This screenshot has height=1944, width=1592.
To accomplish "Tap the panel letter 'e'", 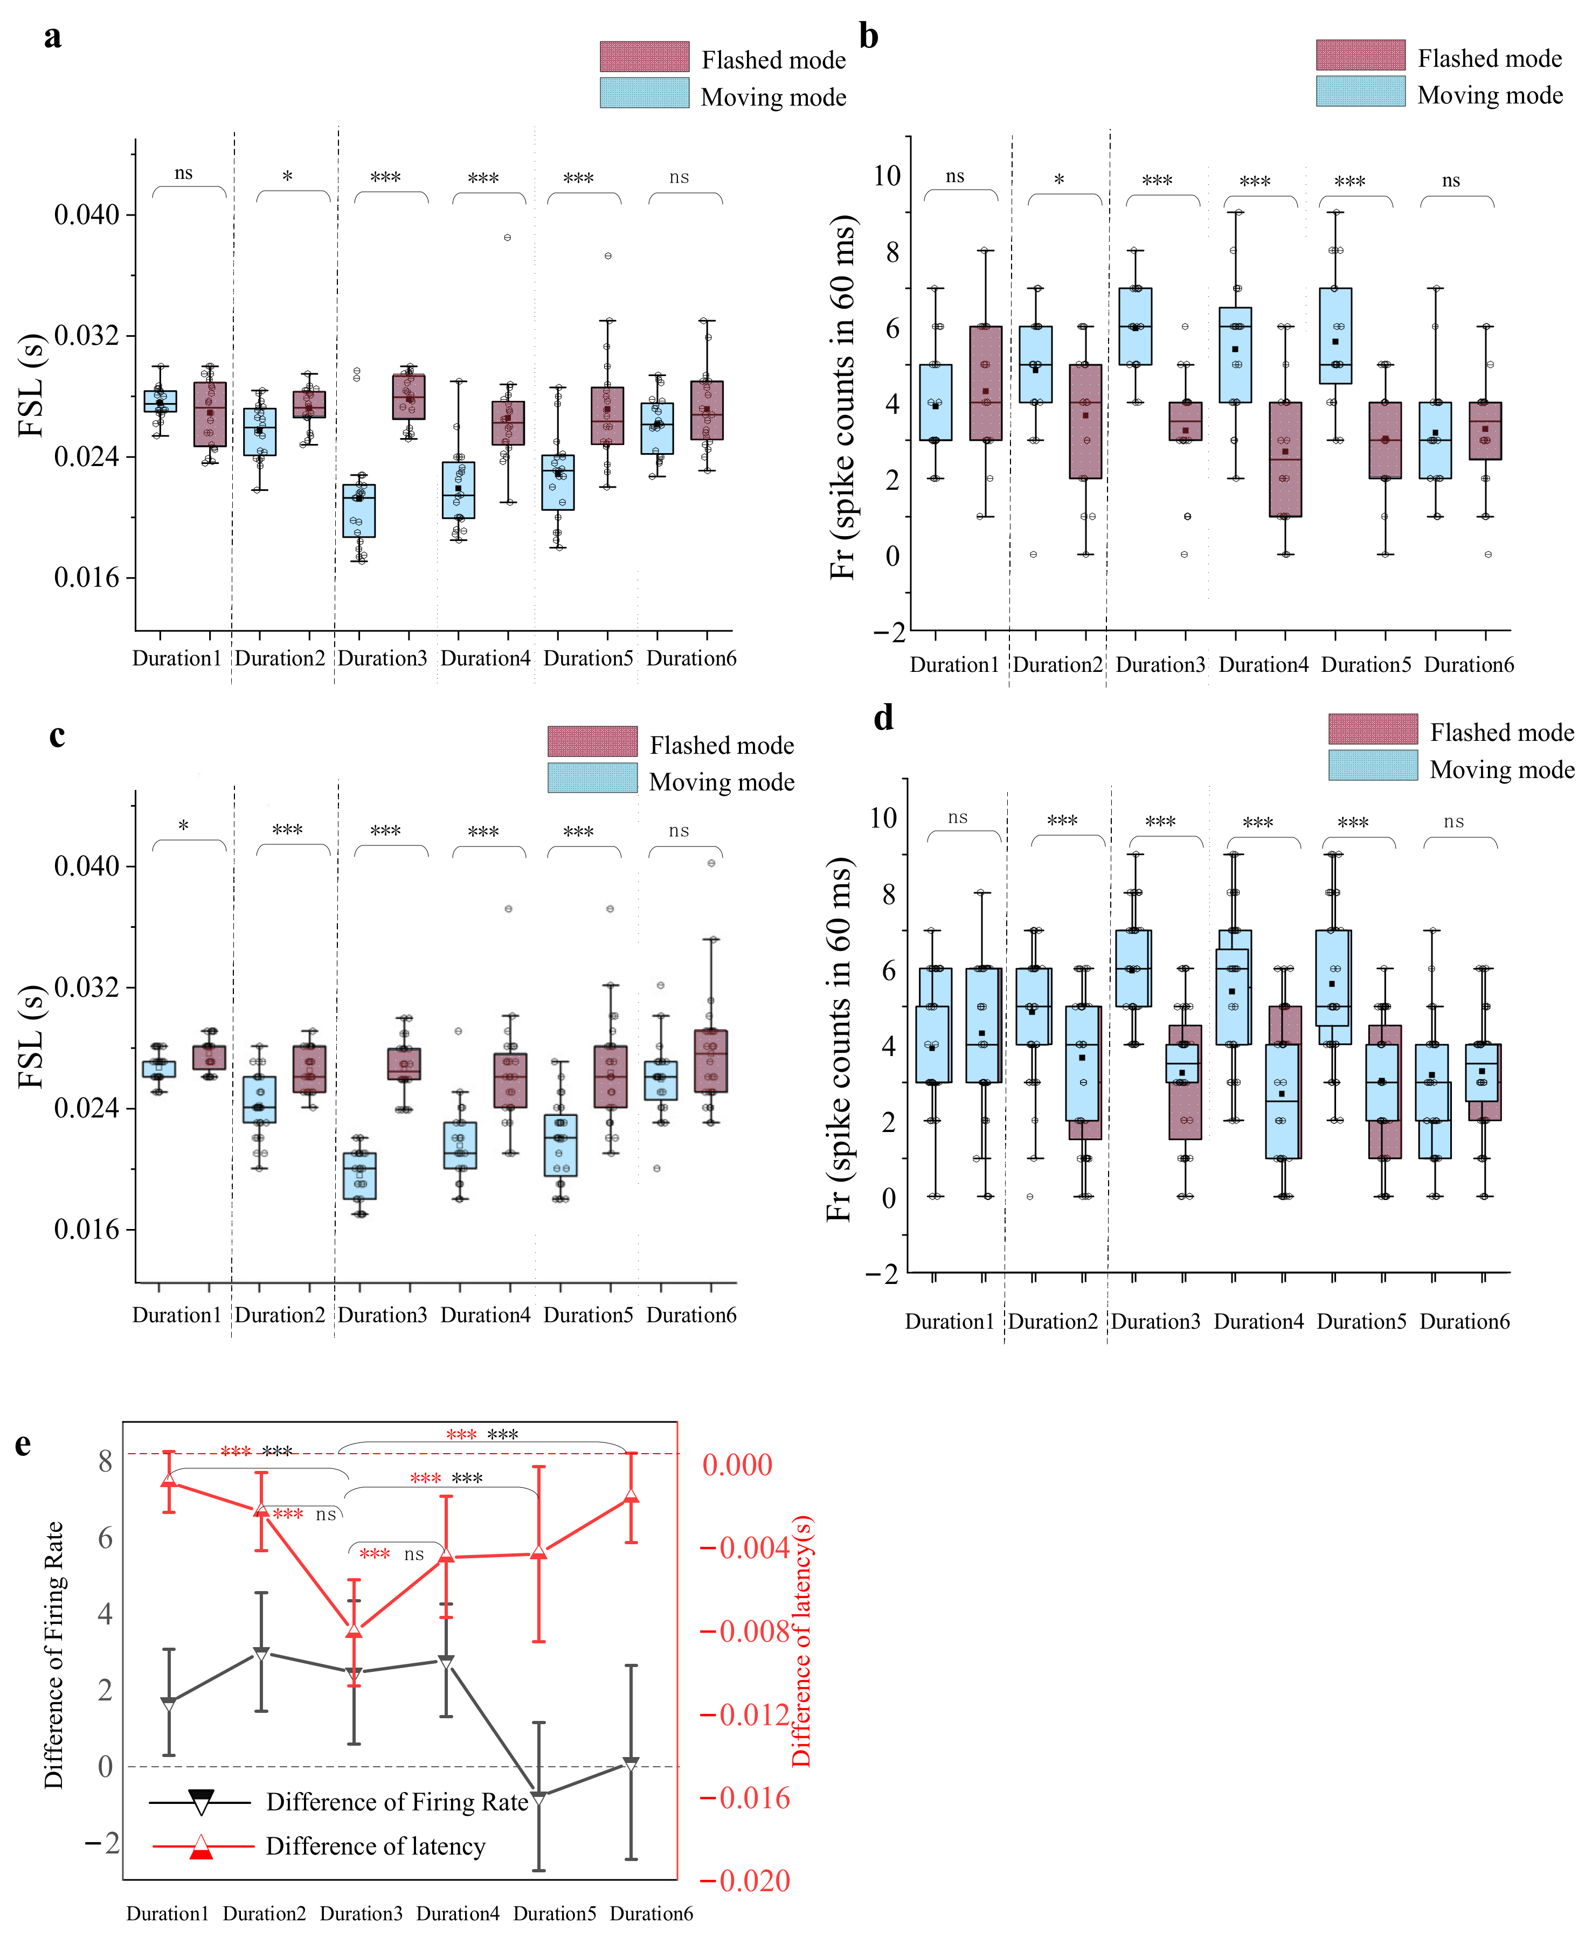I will pyautogui.click(x=23, y=1444).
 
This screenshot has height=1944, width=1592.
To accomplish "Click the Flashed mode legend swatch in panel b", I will pyautogui.click(x=1360, y=55).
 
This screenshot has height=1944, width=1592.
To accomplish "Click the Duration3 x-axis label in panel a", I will pyautogui.click(x=383, y=658).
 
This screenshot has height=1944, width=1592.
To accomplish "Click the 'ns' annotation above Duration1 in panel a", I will pyautogui.click(x=183, y=173).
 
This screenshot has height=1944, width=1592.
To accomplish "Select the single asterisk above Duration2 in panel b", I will pyautogui.click(x=1058, y=180).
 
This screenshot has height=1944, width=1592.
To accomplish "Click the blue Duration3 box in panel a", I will pyautogui.click(x=358, y=511).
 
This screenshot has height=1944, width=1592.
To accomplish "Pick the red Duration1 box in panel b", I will pyautogui.click(x=986, y=383).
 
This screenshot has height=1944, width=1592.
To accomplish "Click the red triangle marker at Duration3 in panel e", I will pyautogui.click(x=354, y=1629).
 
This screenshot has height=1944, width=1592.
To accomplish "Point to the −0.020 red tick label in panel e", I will pyautogui.click(x=745, y=1881).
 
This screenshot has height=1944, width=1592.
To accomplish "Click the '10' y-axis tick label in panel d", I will pyautogui.click(x=883, y=818).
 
